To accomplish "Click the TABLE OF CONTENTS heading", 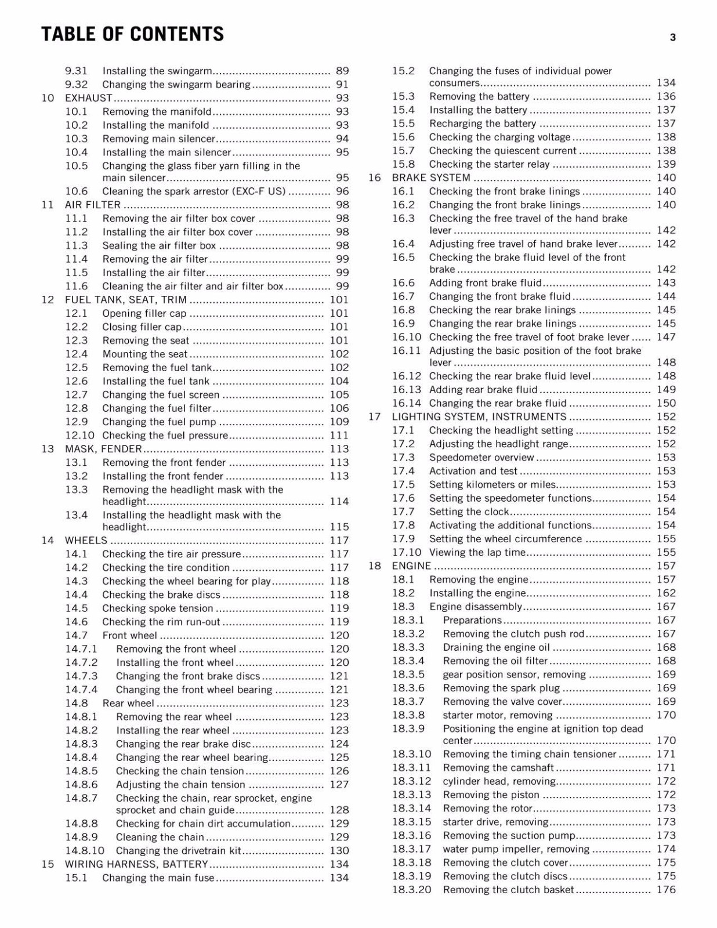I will click(132, 34).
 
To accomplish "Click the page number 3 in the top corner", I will click(672, 38).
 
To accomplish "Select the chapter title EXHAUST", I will click(88, 98).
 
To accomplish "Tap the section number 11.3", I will click(77, 245).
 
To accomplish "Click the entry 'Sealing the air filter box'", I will click(159, 245).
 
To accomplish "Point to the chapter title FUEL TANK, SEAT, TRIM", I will click(126, 300).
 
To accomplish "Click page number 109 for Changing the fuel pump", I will click(339, 422).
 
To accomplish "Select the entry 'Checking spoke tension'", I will click(158, 608).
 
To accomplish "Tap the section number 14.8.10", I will click(85, 851).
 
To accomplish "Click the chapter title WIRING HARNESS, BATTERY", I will click(136, 864).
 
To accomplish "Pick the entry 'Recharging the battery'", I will click(483, 124).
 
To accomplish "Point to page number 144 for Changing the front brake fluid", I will click(666, 296).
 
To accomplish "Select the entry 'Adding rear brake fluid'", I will click(483, 390).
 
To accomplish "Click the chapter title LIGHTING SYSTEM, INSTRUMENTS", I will click(479, 416).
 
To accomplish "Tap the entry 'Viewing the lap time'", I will click(477, 552).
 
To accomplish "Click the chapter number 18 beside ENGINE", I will click(375, 566).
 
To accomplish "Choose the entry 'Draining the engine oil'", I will click(497, 647).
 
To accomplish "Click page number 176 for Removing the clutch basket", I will click(666, 890).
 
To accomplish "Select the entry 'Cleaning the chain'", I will click(160, 837).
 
